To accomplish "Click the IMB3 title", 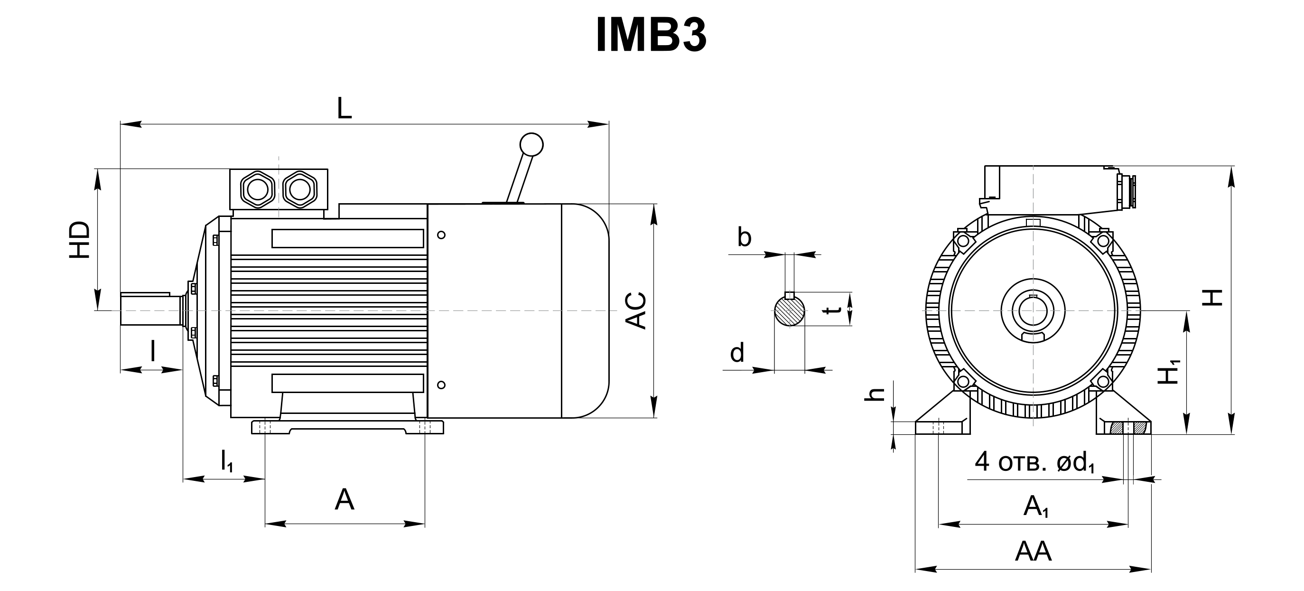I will (651, 36).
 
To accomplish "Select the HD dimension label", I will (80, 240).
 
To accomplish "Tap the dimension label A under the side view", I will (345, 499).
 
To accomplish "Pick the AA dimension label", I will (1033, 551).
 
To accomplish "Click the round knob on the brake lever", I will (531, 145).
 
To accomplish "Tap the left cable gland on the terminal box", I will (257, 190).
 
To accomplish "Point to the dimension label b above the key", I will (744, 236).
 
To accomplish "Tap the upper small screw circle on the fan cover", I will (441, 235).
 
